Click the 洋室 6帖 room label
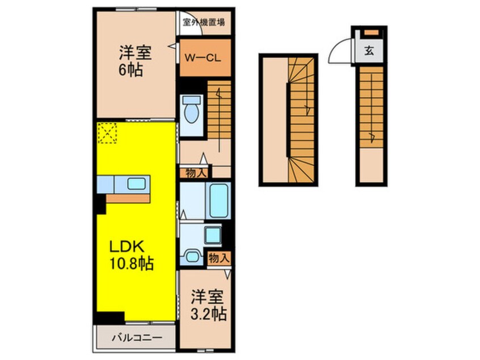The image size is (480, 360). (x=134, y=62)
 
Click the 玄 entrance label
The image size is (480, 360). (x=369, y=52)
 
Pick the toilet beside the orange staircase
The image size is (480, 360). (x=191, y=109)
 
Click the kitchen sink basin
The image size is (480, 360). (x=136, y=183)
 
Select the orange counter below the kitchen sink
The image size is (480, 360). (x=128, y=198)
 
